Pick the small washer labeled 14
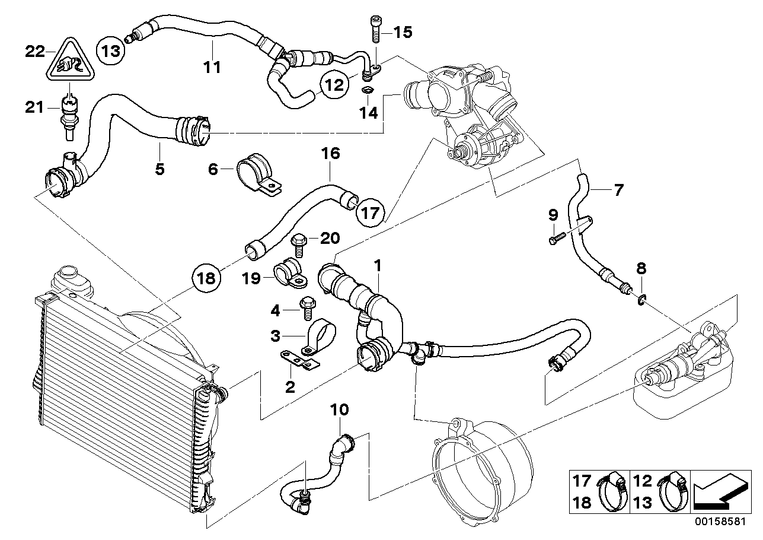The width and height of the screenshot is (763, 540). point(368,91)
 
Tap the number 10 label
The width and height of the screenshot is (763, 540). point(340,410)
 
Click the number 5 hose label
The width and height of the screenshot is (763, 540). point(159,169)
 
